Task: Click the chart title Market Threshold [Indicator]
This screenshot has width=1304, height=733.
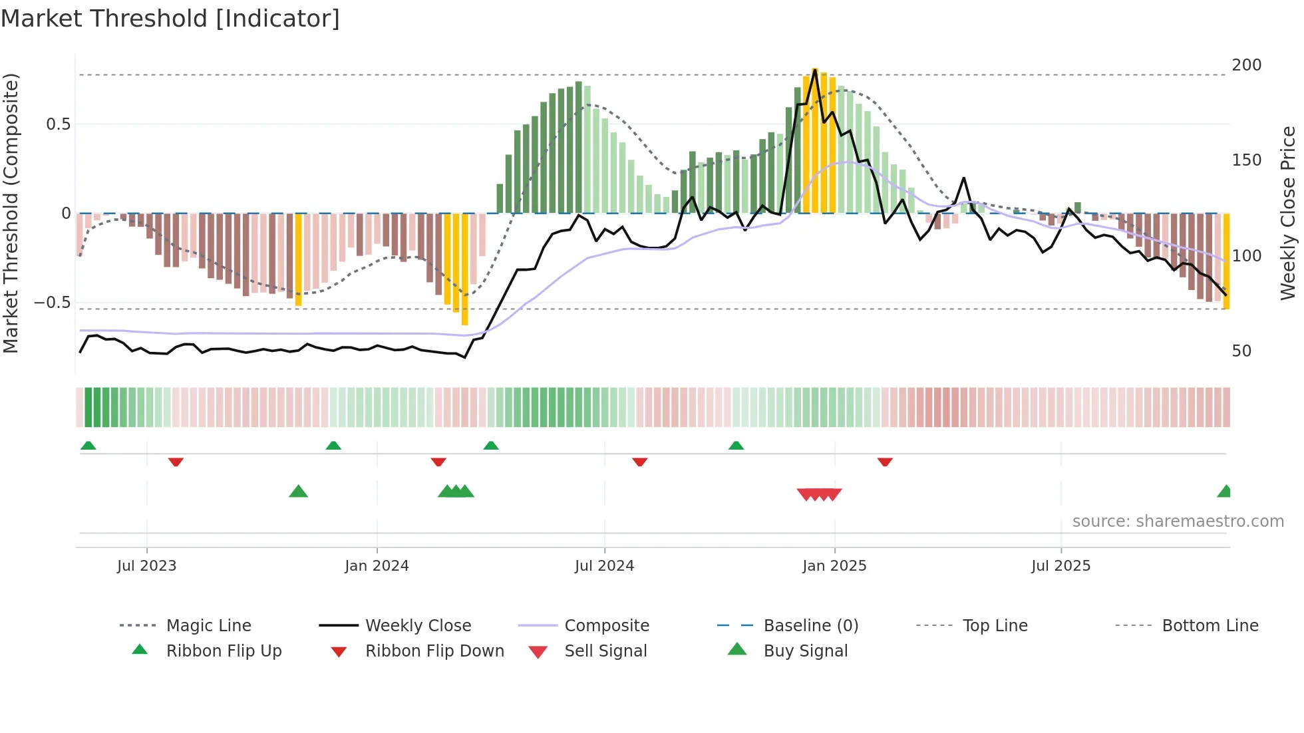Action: point(170,19)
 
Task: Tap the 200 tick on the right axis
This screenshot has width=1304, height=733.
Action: point(1246,65)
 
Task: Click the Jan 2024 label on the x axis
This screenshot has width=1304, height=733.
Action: point(377,566)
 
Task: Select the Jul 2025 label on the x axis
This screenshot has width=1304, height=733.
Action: point(1060,566)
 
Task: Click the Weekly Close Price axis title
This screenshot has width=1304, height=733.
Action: point(1288,213)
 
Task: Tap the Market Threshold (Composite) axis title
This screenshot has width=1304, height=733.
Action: point(11,213)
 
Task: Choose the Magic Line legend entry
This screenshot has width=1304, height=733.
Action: point(208,626)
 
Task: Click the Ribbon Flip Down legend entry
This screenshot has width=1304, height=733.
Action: point(434,651)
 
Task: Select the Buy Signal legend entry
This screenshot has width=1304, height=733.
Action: point(805,651)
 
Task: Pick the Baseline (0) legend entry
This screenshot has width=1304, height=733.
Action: point(810,626)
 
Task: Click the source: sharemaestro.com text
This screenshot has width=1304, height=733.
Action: point(1178,521)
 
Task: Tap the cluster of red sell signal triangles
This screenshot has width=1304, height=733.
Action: point(819,494)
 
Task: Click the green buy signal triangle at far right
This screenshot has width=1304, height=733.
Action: point(1224,492)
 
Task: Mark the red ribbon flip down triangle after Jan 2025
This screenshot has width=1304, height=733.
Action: point(885,462)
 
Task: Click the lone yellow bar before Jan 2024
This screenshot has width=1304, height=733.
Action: point(299,259)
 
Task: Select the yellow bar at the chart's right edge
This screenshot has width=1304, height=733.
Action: point(1226,261)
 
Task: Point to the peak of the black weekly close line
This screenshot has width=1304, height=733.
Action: point(815,70)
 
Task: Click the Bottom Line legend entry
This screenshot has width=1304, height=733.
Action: point(1210,626)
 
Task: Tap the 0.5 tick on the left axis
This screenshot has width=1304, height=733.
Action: point(59,124)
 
